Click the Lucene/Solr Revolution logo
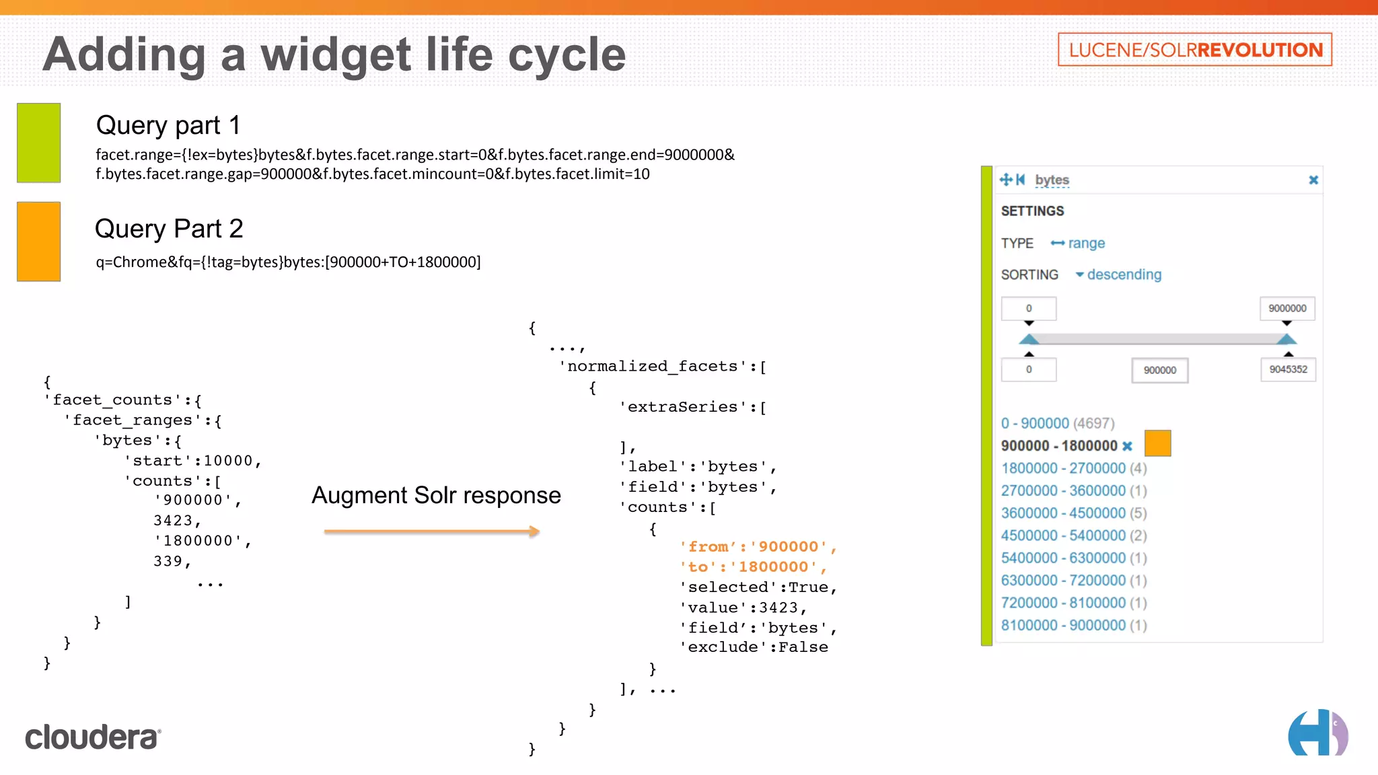coord(1194,50)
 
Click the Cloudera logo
coord(93,737)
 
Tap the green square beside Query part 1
coord(38,143)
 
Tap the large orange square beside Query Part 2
coord(38,242)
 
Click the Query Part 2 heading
coord(169,229)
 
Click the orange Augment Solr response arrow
coord(431,531)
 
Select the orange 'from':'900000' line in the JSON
coord(758,547)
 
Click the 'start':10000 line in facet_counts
coord(192,461)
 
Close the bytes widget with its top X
coord(1313,180)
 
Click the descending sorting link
coord(1124,274)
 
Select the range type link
coord(1085,243)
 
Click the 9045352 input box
coord(1288,369)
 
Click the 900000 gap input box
coord(1159,370)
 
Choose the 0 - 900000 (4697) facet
coord(1057,423)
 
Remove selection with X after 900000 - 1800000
coord(1128,446)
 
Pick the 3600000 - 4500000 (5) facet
coord(1073,513)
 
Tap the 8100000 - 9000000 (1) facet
coord(1073,625)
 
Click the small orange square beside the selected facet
coord(1157,443)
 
